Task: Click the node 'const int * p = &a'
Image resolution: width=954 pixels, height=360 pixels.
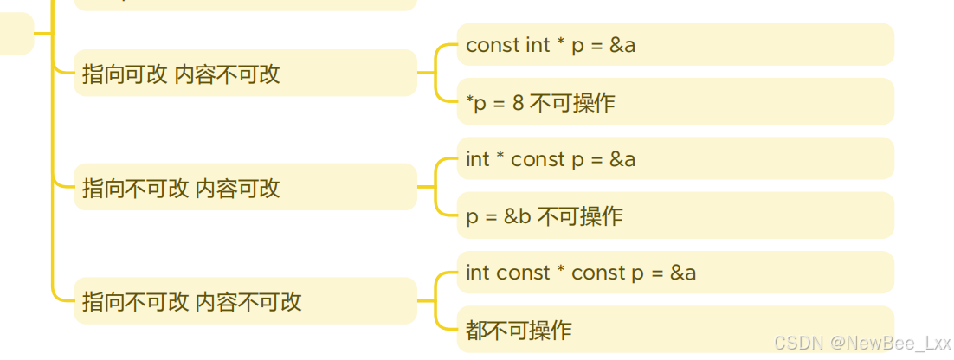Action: tap(674, 45)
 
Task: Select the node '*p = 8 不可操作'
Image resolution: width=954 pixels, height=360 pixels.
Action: tap(674, 102)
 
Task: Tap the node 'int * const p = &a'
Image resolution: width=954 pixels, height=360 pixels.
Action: tap(674, 159)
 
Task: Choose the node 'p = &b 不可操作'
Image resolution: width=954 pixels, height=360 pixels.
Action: tap(674, 216)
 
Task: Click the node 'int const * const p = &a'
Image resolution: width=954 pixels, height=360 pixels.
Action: tap(674, 273)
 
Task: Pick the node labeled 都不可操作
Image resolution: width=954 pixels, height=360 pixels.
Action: tap(674, 330)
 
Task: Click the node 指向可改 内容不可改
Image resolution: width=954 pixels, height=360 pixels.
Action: tap(245, 74)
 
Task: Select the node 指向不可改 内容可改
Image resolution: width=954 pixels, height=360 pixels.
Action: tap(245, 188)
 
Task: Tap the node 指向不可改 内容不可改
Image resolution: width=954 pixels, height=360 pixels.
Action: tap(245, 301)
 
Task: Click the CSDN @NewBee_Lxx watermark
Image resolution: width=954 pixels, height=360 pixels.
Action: tap(861, 343)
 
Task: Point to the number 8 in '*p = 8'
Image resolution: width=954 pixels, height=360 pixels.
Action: tap(518, 103)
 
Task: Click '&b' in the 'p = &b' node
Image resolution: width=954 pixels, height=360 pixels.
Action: tap(518, 216)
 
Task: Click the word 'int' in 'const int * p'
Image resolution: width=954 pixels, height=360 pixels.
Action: tap(538, 45)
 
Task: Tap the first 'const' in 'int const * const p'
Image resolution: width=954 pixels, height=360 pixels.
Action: tap(524, 273)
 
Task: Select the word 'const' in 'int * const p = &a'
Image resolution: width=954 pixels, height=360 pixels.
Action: tap(538, 159)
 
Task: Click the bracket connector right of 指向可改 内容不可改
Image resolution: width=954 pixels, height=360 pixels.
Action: tap(437, 74)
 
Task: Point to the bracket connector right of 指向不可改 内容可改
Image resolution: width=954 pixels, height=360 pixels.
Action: tap(437, 187)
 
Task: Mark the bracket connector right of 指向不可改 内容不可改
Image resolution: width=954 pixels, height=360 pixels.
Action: tap(437, 301)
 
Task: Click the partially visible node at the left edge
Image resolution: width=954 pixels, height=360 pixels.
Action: tap(16, 34)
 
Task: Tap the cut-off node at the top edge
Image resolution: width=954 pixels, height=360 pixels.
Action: tap(245, 4)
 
